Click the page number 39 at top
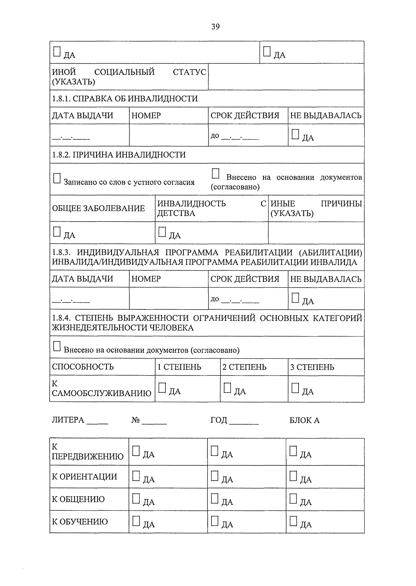pos(215,27)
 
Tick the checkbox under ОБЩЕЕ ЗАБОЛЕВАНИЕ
pos(57,232)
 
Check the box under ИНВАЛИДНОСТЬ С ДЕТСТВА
pos(162,232)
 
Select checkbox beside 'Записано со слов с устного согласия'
pos(57,179)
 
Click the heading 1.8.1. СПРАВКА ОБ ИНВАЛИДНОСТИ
pos(125,99)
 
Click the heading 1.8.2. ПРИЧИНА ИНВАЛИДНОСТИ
pos(119,155)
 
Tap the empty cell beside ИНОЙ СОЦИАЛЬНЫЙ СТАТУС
pos(286,77)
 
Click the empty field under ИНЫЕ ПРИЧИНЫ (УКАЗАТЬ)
pos(316,233)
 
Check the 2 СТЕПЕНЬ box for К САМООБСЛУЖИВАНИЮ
pos(227,388)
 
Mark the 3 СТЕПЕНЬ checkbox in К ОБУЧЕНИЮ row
pos(293,521)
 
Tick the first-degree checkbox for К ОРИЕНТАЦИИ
pos(136,476)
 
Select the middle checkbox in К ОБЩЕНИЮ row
pos(215,498)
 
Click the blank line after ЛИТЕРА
pos(97,421)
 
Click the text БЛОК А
pos(304,420)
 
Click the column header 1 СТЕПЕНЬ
pos(179,367)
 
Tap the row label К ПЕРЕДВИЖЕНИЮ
pos(88,452)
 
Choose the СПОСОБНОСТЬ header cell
pos(83,367)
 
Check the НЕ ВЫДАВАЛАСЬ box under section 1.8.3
pos(295,298)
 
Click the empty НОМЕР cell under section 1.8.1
pos(168,135)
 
